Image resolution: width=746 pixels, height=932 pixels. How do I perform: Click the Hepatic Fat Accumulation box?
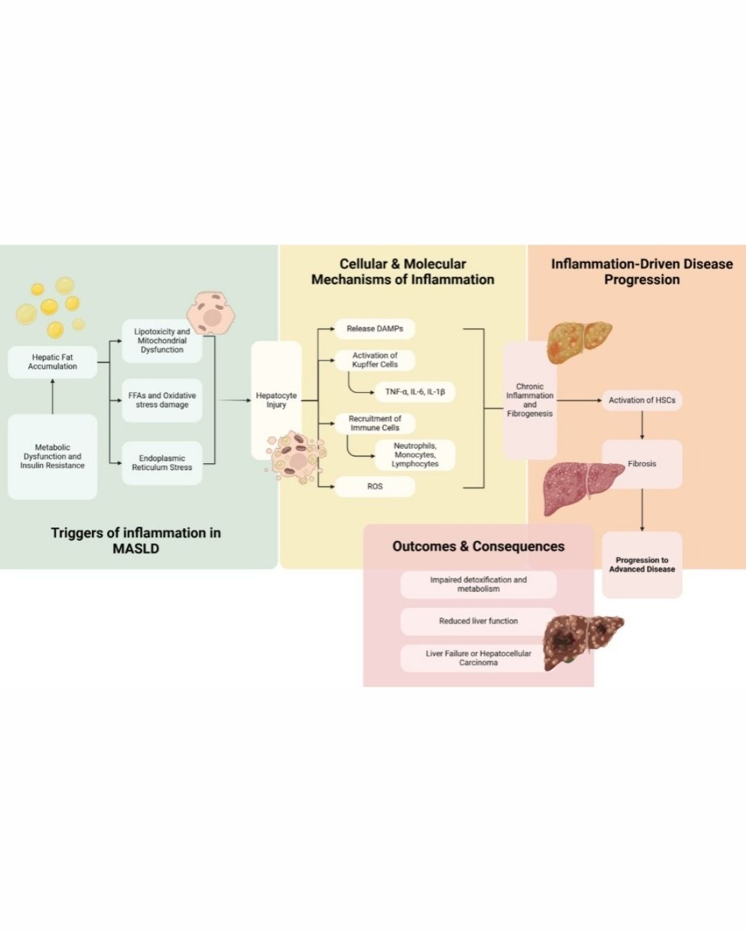[x=52, y=362]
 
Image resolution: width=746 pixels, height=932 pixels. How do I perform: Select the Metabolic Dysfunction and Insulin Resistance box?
[x=52, y=456]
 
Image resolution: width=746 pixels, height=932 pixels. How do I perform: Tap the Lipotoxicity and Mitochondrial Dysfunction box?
[x=162, y=341]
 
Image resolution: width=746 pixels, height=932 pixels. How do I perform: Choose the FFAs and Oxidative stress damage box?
[x=162, y=400]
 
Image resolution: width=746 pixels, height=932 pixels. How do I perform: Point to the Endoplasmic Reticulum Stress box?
[x=162, y=463]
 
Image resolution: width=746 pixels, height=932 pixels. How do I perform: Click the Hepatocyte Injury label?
[x=276, y=400]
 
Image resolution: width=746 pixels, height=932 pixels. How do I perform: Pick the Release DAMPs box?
[x=374, y=329]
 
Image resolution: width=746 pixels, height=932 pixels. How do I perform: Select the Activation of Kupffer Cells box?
[x=374, y=360]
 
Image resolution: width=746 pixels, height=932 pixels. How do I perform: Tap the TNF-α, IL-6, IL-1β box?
[x=414, y=392]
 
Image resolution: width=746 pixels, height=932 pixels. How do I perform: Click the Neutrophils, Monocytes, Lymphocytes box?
[x=414, y=455]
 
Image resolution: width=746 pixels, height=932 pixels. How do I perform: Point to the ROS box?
[x=374, y=487]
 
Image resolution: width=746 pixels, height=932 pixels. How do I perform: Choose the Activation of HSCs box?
[x=642, y=400]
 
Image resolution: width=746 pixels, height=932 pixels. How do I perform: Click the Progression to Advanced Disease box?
[x=642, y=565]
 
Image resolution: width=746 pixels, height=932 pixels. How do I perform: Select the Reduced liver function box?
[x=478, y=621]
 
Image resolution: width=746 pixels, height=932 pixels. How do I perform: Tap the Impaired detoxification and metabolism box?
[x=478, y=584]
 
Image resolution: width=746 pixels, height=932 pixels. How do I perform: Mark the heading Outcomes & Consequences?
[x=478, y=547]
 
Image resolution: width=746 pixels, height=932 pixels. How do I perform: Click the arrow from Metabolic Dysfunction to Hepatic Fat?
[x=52, y=396]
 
